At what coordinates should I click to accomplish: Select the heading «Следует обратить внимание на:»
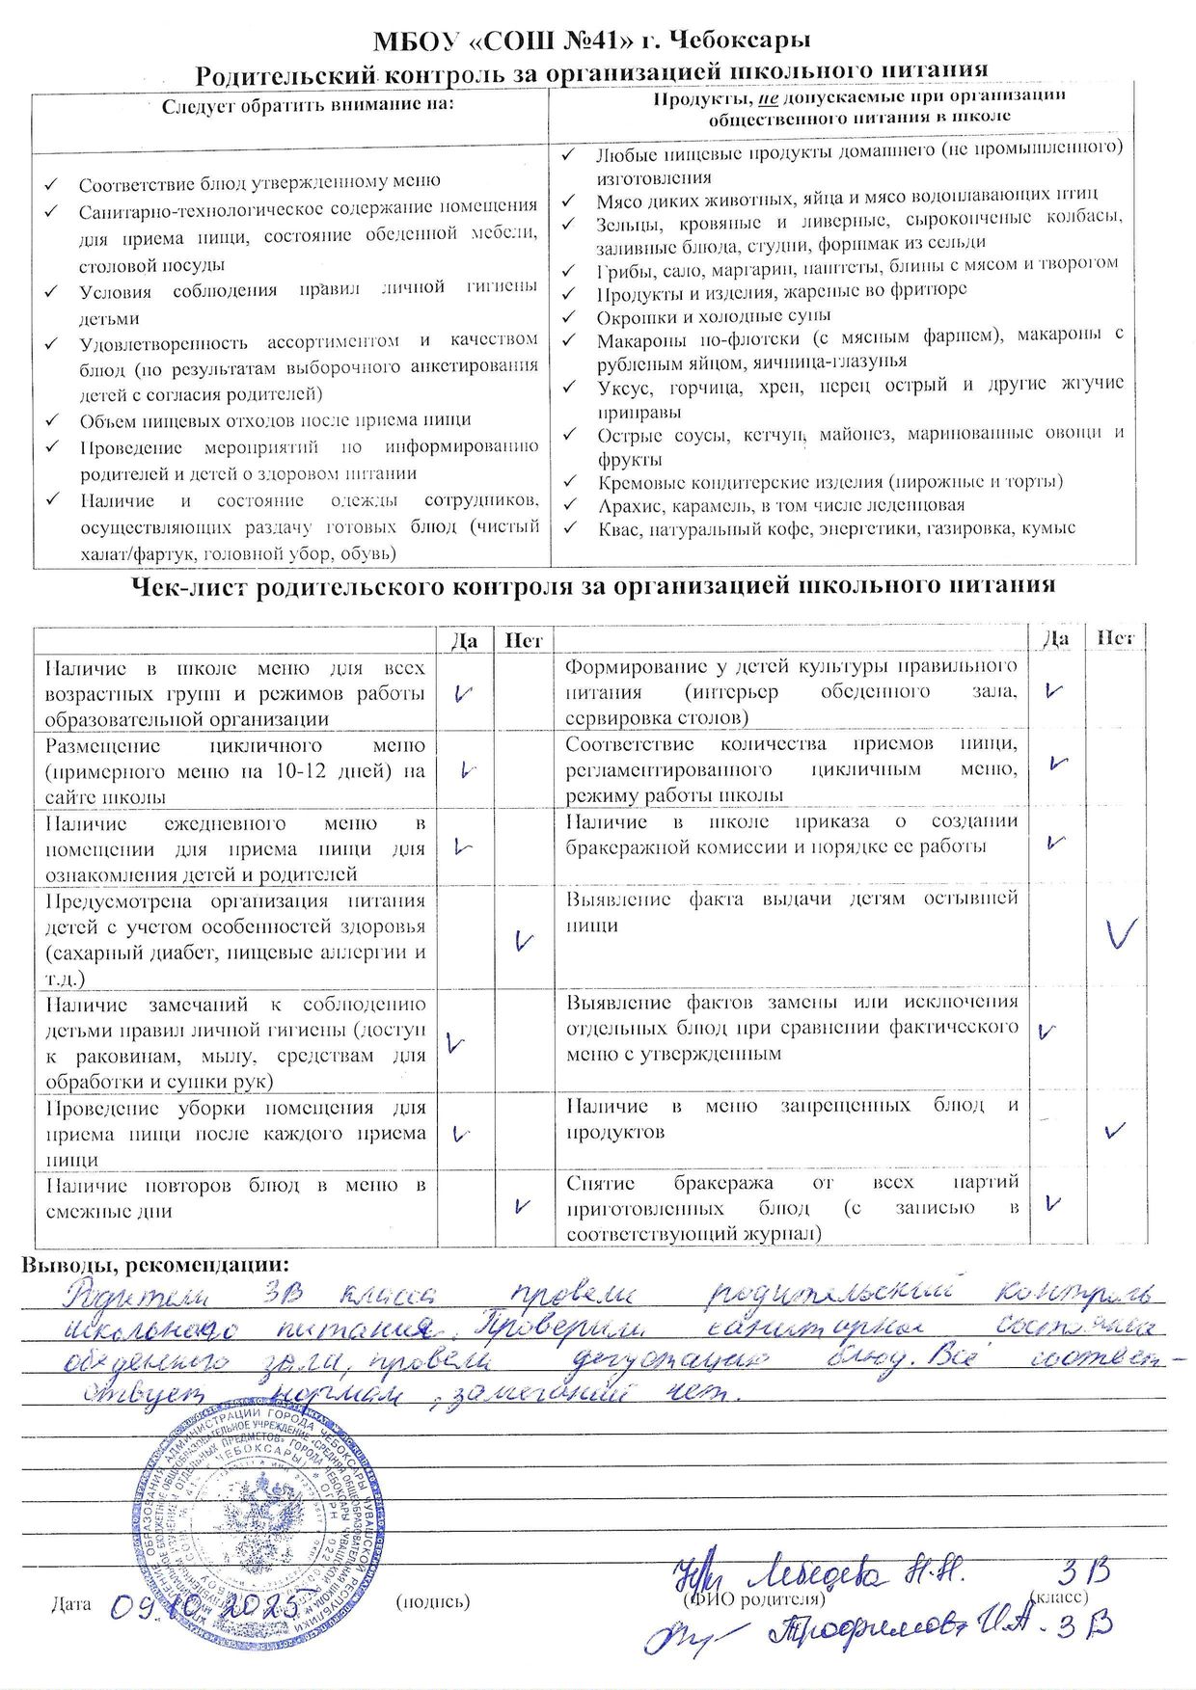pyautogui.click(x=307, y=104)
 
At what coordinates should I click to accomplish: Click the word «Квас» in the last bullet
pyautogui.click(x=618, y=528)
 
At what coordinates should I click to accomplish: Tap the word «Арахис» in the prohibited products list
pyautogui.click(x=628, y=504)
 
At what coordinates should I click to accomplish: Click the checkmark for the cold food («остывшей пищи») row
pyautogui.click(x=1120, y=932)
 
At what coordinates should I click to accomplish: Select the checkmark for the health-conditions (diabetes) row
pyautogui.click(x=524, y=940)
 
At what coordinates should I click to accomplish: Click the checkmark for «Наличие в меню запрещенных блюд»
pyautogui.click(x=1115, y=1129)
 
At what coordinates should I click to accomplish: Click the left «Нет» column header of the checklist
pyautogui.click(x=524, y=640)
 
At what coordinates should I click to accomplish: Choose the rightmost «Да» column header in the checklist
pyautogui.click(x=1057, y=638)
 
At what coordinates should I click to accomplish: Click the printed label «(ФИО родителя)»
pyautogui.click(x=753, y=1599)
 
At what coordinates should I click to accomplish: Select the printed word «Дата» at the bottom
pyautogui.click(x=70, y=1603)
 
